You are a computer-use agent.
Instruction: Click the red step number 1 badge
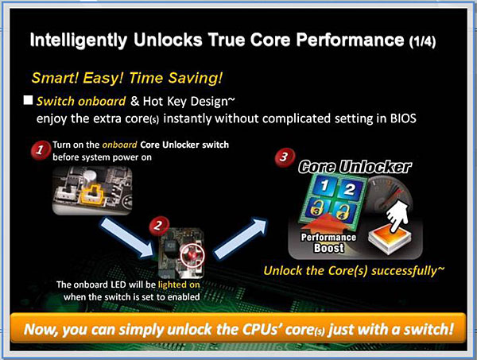pyautogui.click(x=41, y=149)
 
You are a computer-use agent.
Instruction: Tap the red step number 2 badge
pyautogui.click(x=158, y=226)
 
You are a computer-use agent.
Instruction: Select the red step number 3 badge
pyautogui.click(x=284, y=157)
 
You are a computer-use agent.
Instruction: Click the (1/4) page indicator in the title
pyautogui.click(x=422, y=41)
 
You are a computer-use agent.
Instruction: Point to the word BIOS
pyautogui.click(x=403, y=118)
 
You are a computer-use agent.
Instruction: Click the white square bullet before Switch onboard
pyautogui.click(x=28, y=100)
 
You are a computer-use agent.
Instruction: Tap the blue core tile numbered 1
pyautogui.click(x=324, y=185)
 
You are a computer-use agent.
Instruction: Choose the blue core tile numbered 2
pyautogui.click(x=349, y=189)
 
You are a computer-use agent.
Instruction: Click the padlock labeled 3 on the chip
pyautogui.click(x=316, y=208)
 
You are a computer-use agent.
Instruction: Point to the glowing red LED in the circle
pyautogui.click(x=192, y=254)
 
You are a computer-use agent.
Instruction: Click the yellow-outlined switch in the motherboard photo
pyautogui.click(x=91, y=194)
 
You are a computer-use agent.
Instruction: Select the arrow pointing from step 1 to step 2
pyautogui.click(x=127, y=237)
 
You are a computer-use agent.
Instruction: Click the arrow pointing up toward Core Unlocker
pyautogui.click(x=241, y=238)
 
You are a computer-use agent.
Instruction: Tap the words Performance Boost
pyautogui.click(x=328, y=242)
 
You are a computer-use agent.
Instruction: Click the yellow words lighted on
pyautogui.click(x=179, y=285)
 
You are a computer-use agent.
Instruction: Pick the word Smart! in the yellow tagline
pyautogui.click(x=56, y=78)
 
